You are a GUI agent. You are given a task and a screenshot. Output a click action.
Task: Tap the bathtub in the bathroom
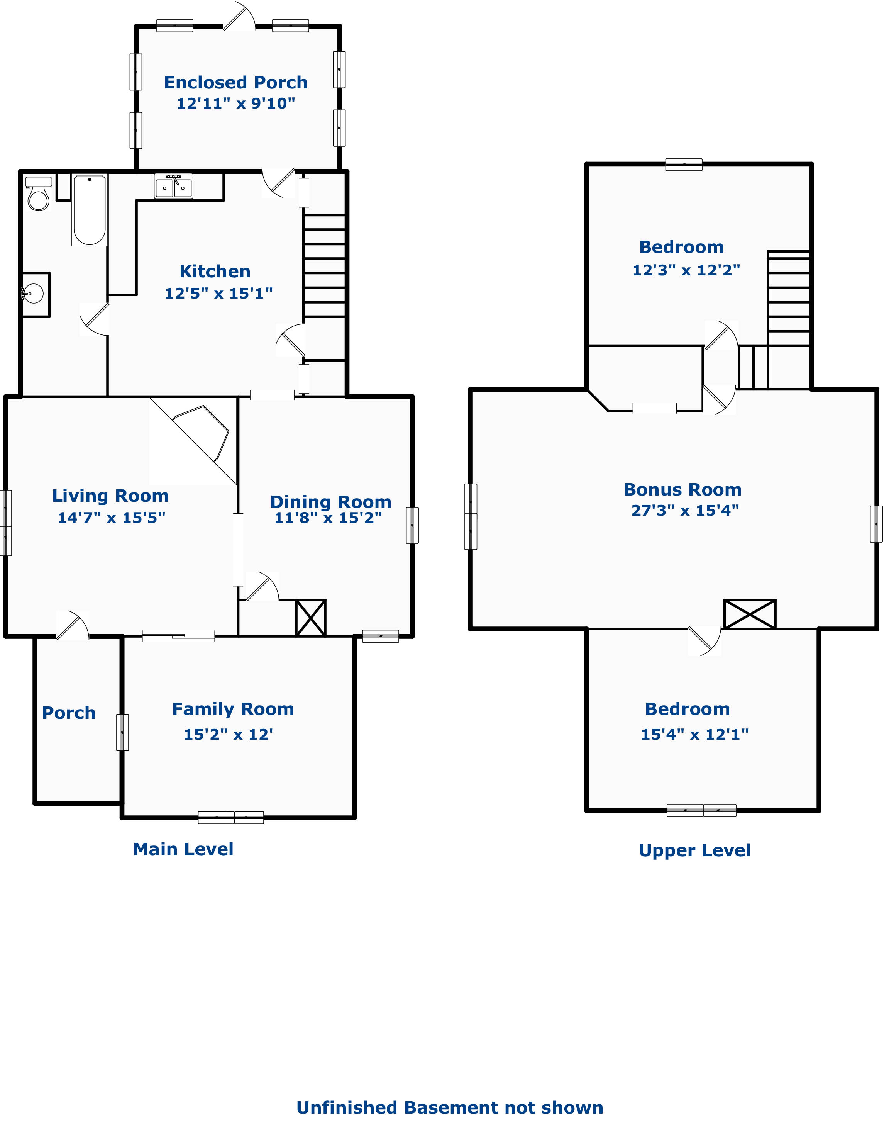point(90,210)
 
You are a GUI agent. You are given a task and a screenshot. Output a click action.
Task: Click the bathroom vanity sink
point(35,295)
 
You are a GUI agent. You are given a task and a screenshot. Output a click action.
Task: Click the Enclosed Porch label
point(236,82)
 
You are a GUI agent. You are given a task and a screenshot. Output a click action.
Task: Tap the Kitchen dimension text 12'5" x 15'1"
point(218,293)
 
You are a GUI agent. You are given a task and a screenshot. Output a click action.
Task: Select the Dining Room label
point(331,502)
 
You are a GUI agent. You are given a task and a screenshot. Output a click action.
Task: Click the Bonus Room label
point(682,489)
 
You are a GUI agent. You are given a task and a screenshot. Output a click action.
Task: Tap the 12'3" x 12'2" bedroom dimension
point(686,270)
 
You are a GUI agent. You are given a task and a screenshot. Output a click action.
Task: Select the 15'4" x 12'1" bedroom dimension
point(694,734)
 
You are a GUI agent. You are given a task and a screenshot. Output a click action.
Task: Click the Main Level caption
point(183,849)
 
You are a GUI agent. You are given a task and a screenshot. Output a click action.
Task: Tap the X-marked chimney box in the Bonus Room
point(749,614)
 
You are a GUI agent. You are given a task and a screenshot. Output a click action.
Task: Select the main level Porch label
point(69,713)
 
